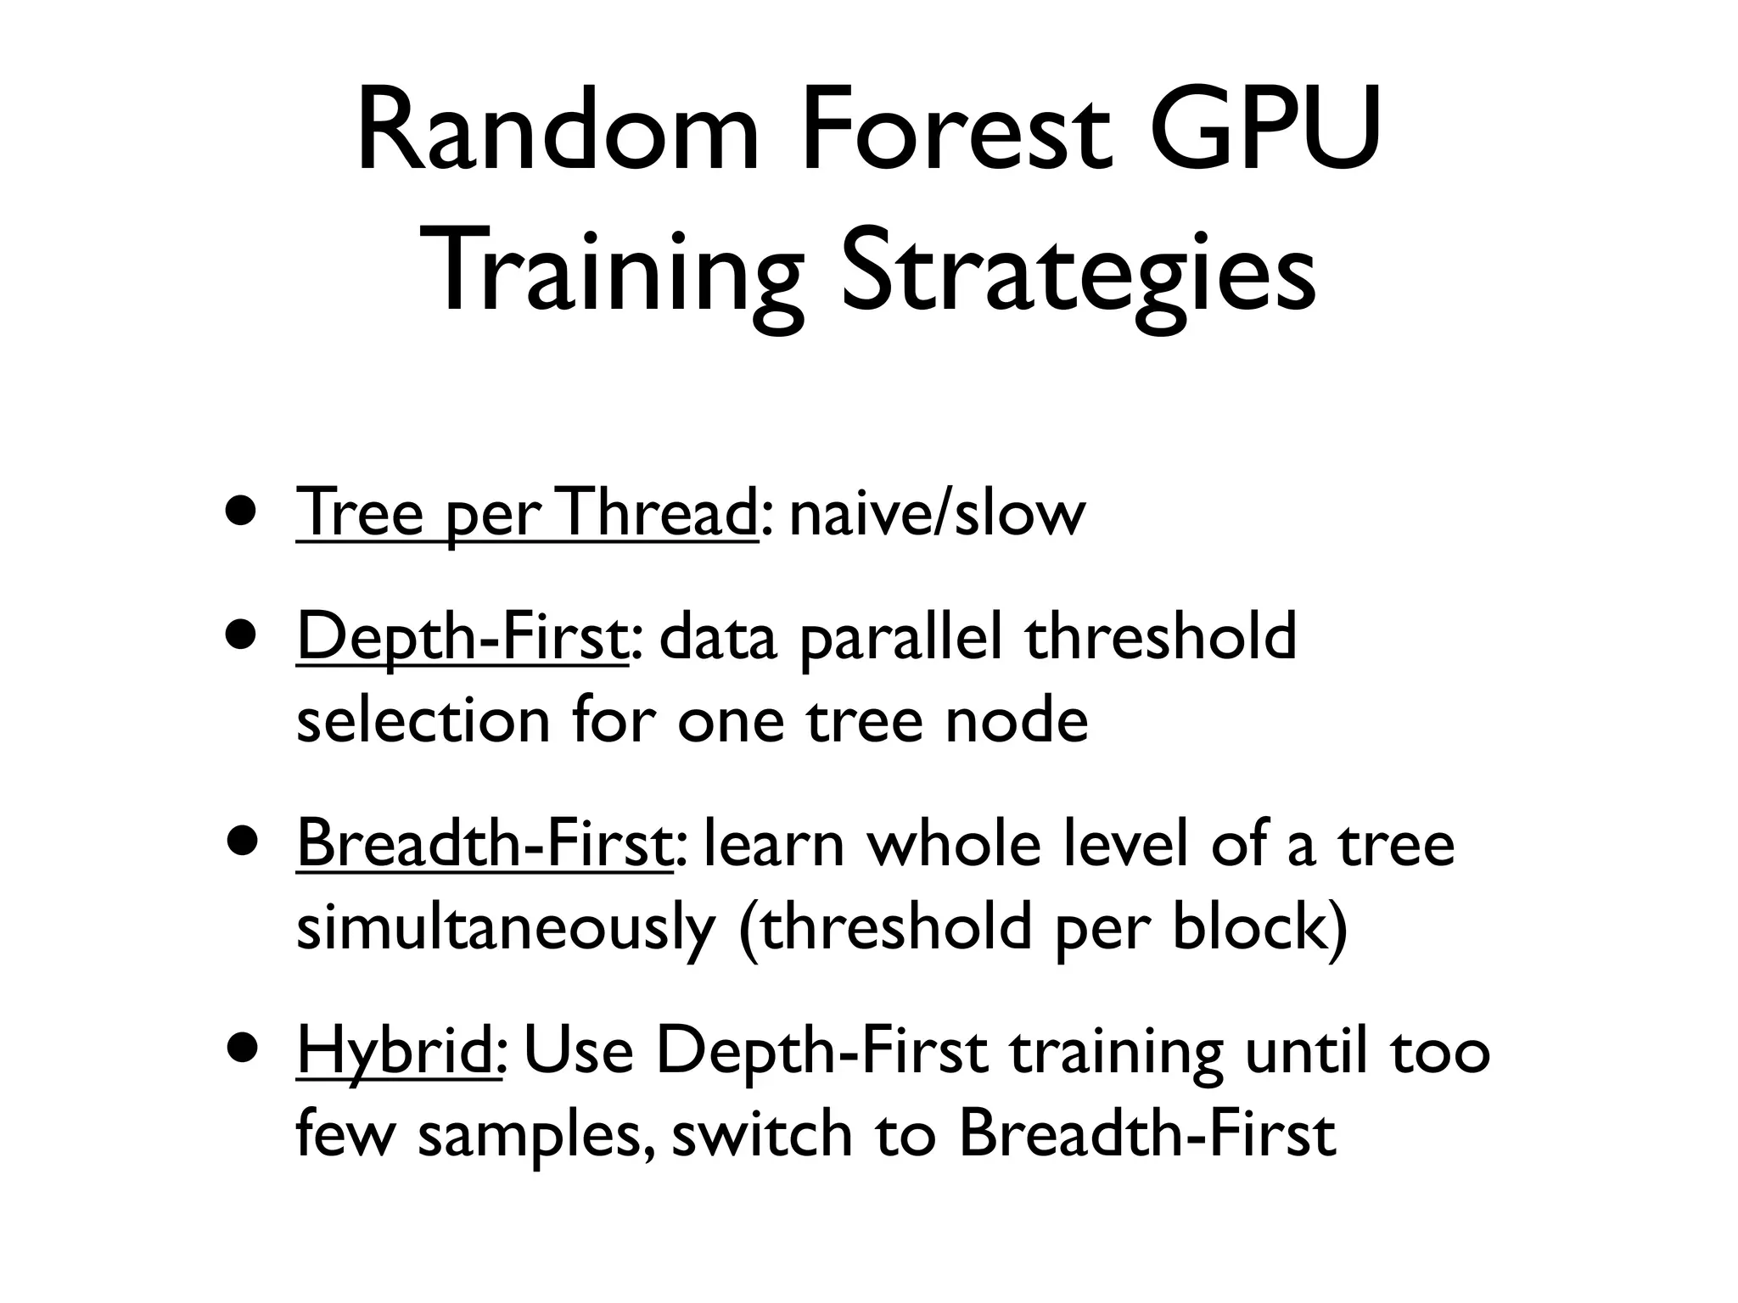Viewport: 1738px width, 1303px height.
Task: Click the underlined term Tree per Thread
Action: point(526,514)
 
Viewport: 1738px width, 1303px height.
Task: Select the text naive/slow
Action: point(937,514)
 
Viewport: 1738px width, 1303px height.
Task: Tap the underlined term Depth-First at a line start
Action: point(463,638)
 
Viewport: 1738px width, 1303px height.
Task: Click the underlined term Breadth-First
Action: point(485,845)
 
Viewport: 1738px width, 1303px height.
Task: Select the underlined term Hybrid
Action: point(397,1052)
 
